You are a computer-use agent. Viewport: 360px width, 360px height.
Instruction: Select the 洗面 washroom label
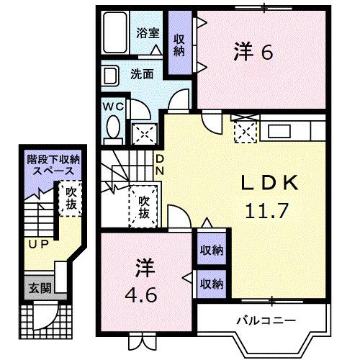[142, 73]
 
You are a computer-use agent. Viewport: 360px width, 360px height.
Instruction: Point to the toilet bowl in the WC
[113, 128]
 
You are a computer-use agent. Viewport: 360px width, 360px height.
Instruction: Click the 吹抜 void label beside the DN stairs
[144, 207]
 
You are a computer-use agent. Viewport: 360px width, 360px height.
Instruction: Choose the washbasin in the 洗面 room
[110, 76]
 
